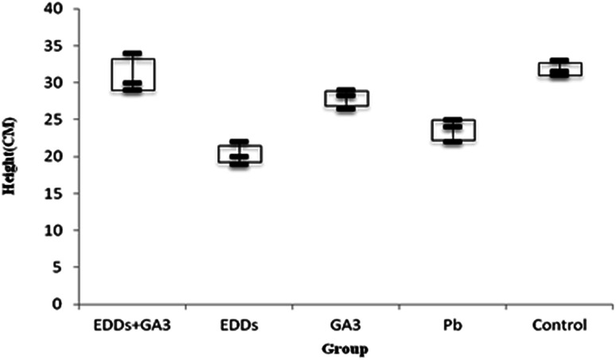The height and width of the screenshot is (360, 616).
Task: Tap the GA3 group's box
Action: (x=345, y=99)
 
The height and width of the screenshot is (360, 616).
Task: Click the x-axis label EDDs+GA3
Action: (x=132, y=326)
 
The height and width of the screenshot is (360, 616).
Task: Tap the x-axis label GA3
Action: (x=346, y=326)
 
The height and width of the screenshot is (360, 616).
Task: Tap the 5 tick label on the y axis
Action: (x=62, y=267)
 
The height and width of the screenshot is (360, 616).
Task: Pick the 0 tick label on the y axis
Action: (x=62, y=303)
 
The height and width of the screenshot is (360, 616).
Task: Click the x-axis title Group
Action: (x=346, y=348)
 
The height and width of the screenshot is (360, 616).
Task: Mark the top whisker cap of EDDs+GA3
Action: (x=132, y=54)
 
